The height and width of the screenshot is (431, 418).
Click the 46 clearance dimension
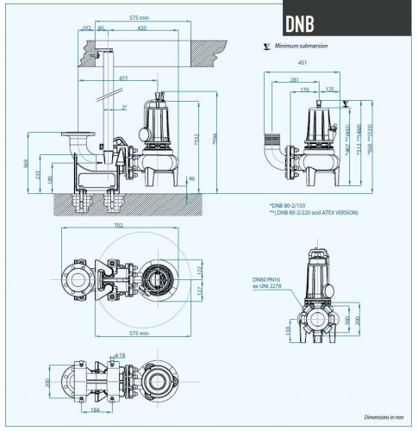(x=191, y=178)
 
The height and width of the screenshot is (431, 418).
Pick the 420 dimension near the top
(x=140, y=27)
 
